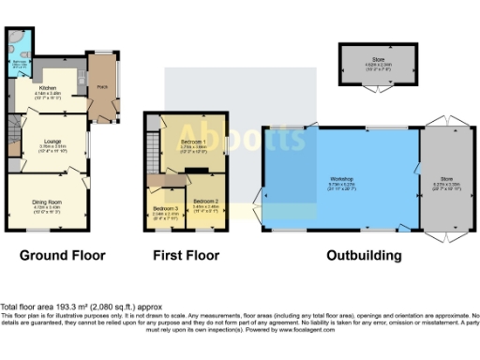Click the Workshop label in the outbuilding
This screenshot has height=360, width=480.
(340, 178)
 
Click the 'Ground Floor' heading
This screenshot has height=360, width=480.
(63, 255)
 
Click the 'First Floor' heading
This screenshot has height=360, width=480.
(187, 255)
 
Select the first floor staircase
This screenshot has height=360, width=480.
(168, 180)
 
